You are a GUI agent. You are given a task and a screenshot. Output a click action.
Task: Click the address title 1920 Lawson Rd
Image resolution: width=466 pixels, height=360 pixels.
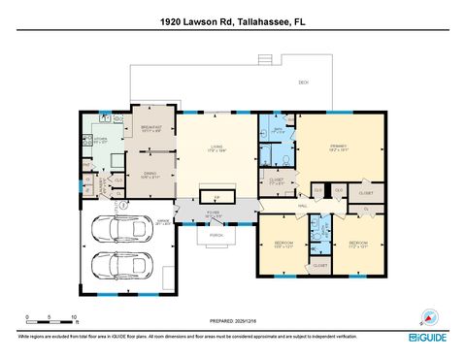point(233,19)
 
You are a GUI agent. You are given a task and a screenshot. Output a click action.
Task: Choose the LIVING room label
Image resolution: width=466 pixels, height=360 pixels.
point(216,147)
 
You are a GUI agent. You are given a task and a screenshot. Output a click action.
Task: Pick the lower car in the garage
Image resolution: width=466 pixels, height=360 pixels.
point(122,265)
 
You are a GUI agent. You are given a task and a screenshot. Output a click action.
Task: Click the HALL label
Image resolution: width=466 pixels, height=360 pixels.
point(303,206)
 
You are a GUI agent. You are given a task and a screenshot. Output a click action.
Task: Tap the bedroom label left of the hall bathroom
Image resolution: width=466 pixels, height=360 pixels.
point(282,243)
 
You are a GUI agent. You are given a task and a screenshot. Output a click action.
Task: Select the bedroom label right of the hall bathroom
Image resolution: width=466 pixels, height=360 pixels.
point(358,243)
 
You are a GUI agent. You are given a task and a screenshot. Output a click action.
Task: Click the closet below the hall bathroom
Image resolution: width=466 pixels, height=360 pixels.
point(320,265)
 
